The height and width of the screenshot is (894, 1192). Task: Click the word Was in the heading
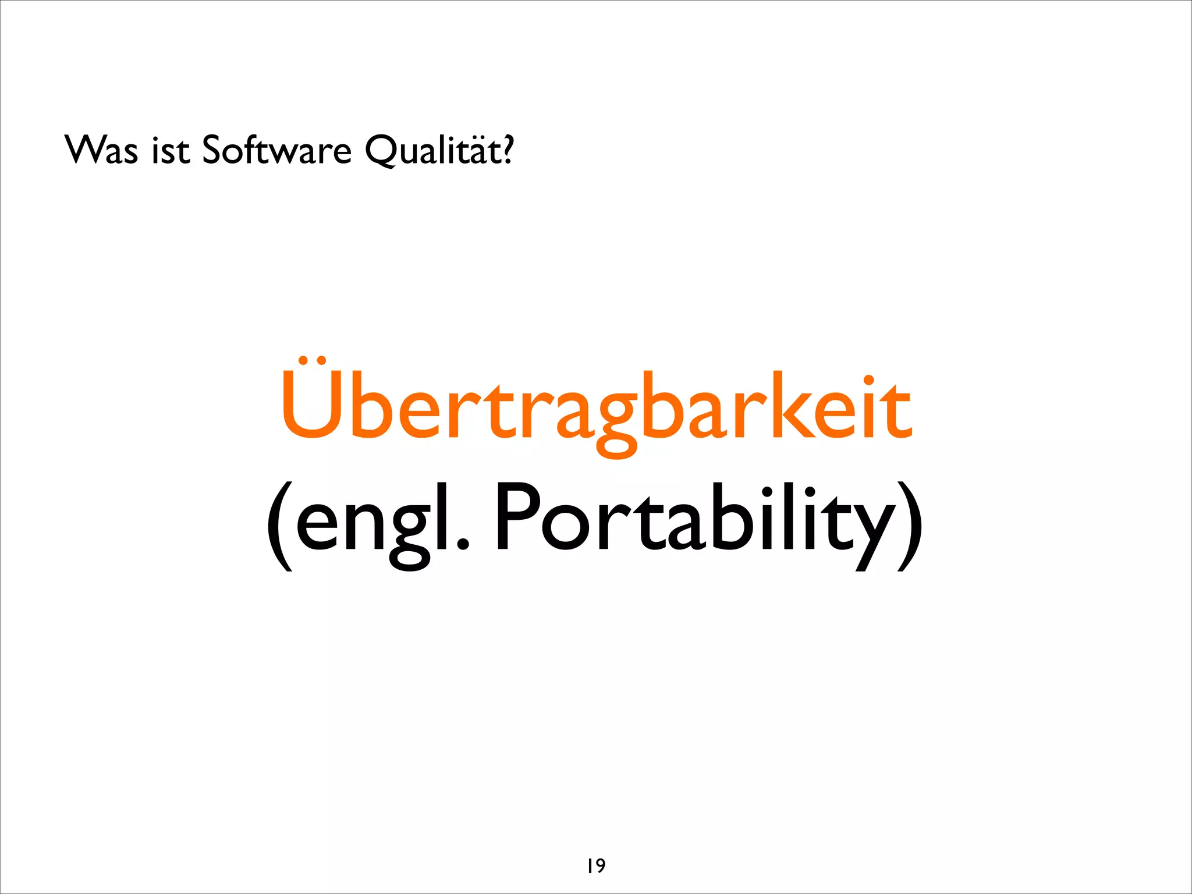(102, 150)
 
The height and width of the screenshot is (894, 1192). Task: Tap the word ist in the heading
(171, 150)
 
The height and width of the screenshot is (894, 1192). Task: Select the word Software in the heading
(276, 150)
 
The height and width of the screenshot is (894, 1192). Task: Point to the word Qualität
(434, 150)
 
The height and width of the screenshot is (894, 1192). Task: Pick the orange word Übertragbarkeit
(596, 407)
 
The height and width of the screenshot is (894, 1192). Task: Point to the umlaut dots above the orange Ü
(311, 361)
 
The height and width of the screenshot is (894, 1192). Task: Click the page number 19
(596, 866)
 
